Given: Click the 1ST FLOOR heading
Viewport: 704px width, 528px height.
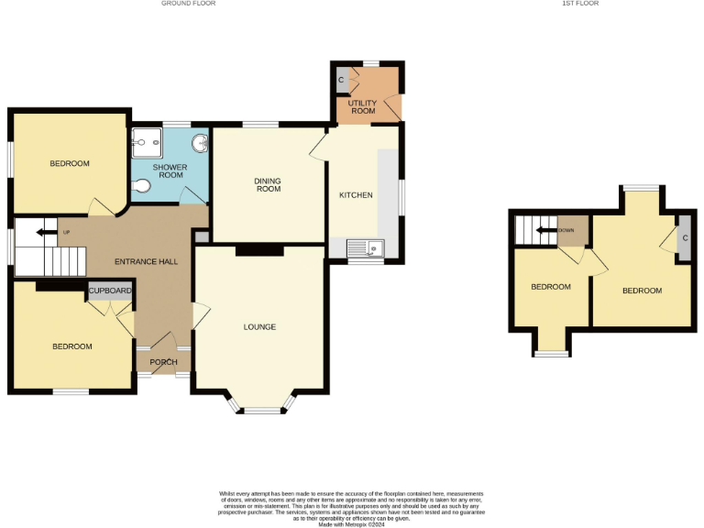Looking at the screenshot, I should (x=580, y=4).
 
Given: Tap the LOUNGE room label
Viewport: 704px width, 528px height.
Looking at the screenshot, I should (x=259, y=327).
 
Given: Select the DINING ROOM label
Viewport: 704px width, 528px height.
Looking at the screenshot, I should (x=268, y=185).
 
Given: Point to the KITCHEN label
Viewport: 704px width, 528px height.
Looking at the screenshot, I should (x=355, y=196).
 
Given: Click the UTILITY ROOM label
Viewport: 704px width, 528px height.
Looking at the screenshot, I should (x=362, y=107).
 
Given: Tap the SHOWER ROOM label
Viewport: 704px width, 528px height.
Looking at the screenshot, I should (x=170, y=171).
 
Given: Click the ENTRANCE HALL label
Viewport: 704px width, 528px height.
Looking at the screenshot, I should (x=146, y=262).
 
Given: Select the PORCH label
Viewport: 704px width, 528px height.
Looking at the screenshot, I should (x=164, y=362).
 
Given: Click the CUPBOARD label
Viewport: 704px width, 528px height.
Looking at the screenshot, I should (x=110, y=291).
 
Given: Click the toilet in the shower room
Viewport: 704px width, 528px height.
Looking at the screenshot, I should (x=141, y=187).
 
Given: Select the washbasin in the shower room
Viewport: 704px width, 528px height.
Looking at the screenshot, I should (x=202, y=143).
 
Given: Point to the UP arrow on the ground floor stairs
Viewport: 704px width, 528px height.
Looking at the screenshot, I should (x=44, y=233).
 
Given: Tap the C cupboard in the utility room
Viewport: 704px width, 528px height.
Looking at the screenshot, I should (x=341, y=81).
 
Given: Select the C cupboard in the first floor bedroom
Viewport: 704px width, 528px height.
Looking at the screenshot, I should (x=684, y=239).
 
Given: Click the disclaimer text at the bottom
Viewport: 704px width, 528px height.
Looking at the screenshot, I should (x=351, y=508).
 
